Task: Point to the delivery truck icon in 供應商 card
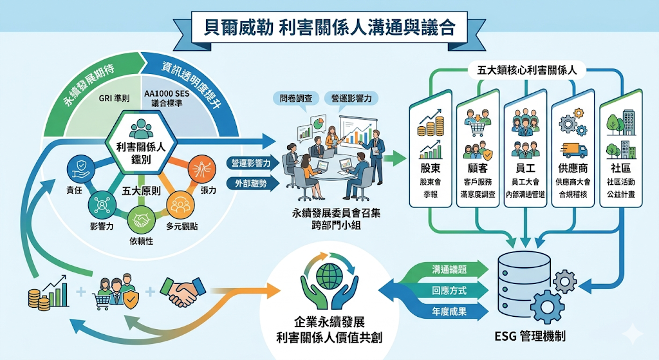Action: pos(573,150)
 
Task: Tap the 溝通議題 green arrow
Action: pos(441,269)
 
